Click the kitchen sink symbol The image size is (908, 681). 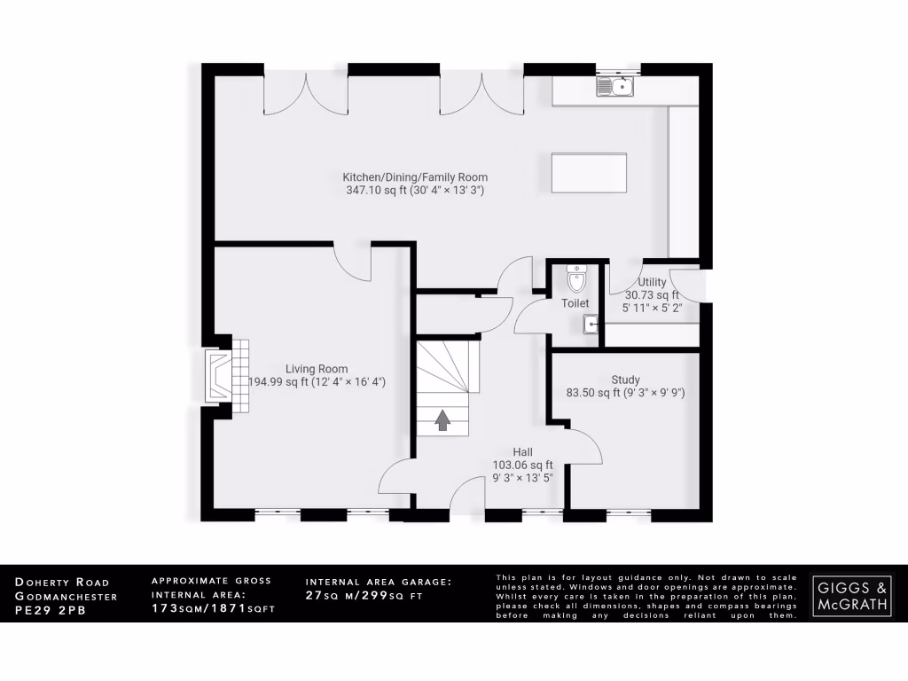614,87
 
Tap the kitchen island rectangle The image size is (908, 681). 589,172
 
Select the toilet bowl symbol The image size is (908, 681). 576,279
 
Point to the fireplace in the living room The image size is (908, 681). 218,376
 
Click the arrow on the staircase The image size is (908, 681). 442,420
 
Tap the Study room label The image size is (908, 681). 625,380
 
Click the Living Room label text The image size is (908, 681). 317,369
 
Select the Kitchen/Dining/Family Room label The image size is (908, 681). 415,177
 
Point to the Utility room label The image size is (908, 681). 652,281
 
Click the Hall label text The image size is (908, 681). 522,451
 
